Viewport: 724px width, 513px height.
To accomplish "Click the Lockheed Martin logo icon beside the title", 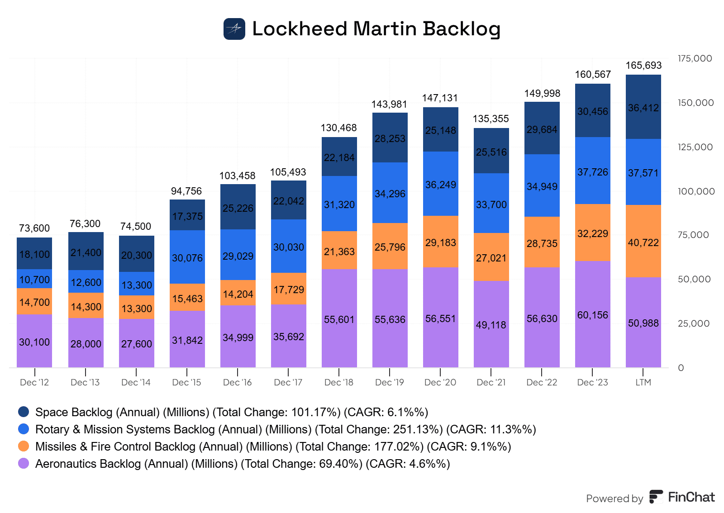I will [234, 29].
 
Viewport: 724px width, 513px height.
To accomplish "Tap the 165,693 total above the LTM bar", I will [643, 66].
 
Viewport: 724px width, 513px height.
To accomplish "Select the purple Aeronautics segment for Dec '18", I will [339, 318].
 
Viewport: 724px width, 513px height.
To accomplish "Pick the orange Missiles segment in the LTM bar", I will [643, 242].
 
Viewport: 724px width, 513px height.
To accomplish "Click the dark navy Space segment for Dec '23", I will [593, 111].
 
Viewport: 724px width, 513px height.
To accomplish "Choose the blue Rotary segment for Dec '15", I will [187, 257].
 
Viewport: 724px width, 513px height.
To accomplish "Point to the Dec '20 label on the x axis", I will [440, 382].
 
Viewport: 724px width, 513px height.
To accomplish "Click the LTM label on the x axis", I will [643, 382].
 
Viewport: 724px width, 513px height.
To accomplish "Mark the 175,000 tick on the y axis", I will [695, 58].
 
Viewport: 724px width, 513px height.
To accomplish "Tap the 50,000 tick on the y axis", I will [694, 279].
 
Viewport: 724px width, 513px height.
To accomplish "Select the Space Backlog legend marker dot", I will [24, 412].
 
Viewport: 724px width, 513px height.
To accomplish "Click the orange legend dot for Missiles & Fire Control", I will [24, 446].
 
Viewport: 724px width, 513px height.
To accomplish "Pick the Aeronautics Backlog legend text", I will [243, 464].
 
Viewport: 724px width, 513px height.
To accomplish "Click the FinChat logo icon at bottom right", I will [656, 497].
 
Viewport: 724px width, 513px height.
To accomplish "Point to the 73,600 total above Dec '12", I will [34, 228].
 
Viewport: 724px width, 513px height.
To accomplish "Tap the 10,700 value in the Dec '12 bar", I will [34, 280].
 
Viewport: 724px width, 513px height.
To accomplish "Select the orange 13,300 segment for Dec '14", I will [137, 308].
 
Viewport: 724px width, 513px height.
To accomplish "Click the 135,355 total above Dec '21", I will [491, 119].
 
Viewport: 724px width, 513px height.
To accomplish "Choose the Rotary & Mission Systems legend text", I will [286, 429].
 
